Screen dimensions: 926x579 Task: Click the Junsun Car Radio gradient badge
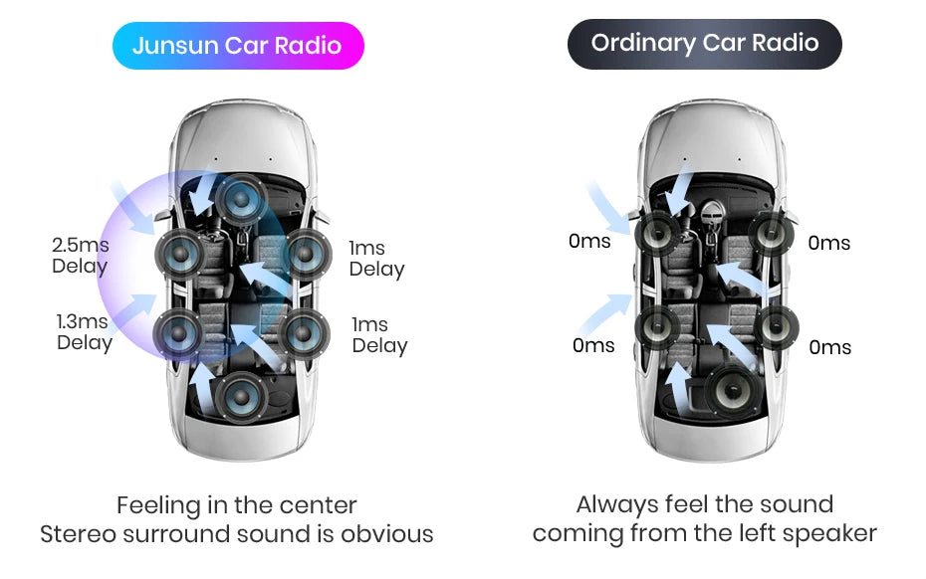[238, 46]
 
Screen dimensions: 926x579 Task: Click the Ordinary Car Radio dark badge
[705, 44]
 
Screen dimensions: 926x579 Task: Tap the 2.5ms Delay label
[81, 255]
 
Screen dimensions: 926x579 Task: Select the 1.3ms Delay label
[84, 331]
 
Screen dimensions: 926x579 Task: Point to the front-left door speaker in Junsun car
[180, 255]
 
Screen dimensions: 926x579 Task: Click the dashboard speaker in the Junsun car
[241, 200]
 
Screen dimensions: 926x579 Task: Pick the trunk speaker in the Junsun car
[240, 397]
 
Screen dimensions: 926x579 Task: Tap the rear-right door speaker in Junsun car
[304, 333]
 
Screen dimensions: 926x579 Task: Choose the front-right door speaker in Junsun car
[307, 255]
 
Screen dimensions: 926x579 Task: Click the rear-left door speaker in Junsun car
[178, 333]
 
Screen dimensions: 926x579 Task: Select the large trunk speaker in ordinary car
[732, 390]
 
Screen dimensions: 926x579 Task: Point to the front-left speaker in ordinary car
[657, 234]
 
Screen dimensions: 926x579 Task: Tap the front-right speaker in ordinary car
[772, 233]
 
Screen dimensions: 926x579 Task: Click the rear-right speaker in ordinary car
[777, 327]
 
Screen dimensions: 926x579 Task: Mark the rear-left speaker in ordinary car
[657, 327]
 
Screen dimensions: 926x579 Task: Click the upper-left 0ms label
[589, 241]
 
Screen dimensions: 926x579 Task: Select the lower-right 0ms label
[829, 347]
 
